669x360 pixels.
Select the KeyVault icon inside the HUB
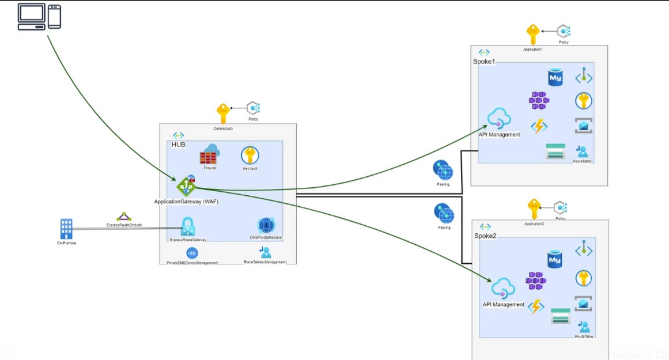(x=250, y=156)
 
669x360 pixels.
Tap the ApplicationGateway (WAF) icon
(x=186, y=186)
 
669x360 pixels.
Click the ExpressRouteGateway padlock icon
(x=187, y=227)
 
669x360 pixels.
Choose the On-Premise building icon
(x=66, y=229)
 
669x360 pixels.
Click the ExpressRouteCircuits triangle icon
(x=123, y=217)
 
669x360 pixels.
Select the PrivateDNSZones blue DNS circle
(x=192, y=253)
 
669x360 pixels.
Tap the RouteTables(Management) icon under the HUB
(x=265, y=252)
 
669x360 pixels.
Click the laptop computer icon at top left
(x=31, y=17)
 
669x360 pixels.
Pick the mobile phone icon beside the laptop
(x=54, y=17)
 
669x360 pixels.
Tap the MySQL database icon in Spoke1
(x=555, y=77)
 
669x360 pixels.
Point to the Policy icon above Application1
(x=563, y=31)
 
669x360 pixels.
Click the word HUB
(x=179, y=145)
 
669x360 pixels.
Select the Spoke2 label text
(x=485, y=236)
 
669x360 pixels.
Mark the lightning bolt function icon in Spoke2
(x=536, y=306)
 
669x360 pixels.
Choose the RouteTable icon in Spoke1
(x=583, y=151)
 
